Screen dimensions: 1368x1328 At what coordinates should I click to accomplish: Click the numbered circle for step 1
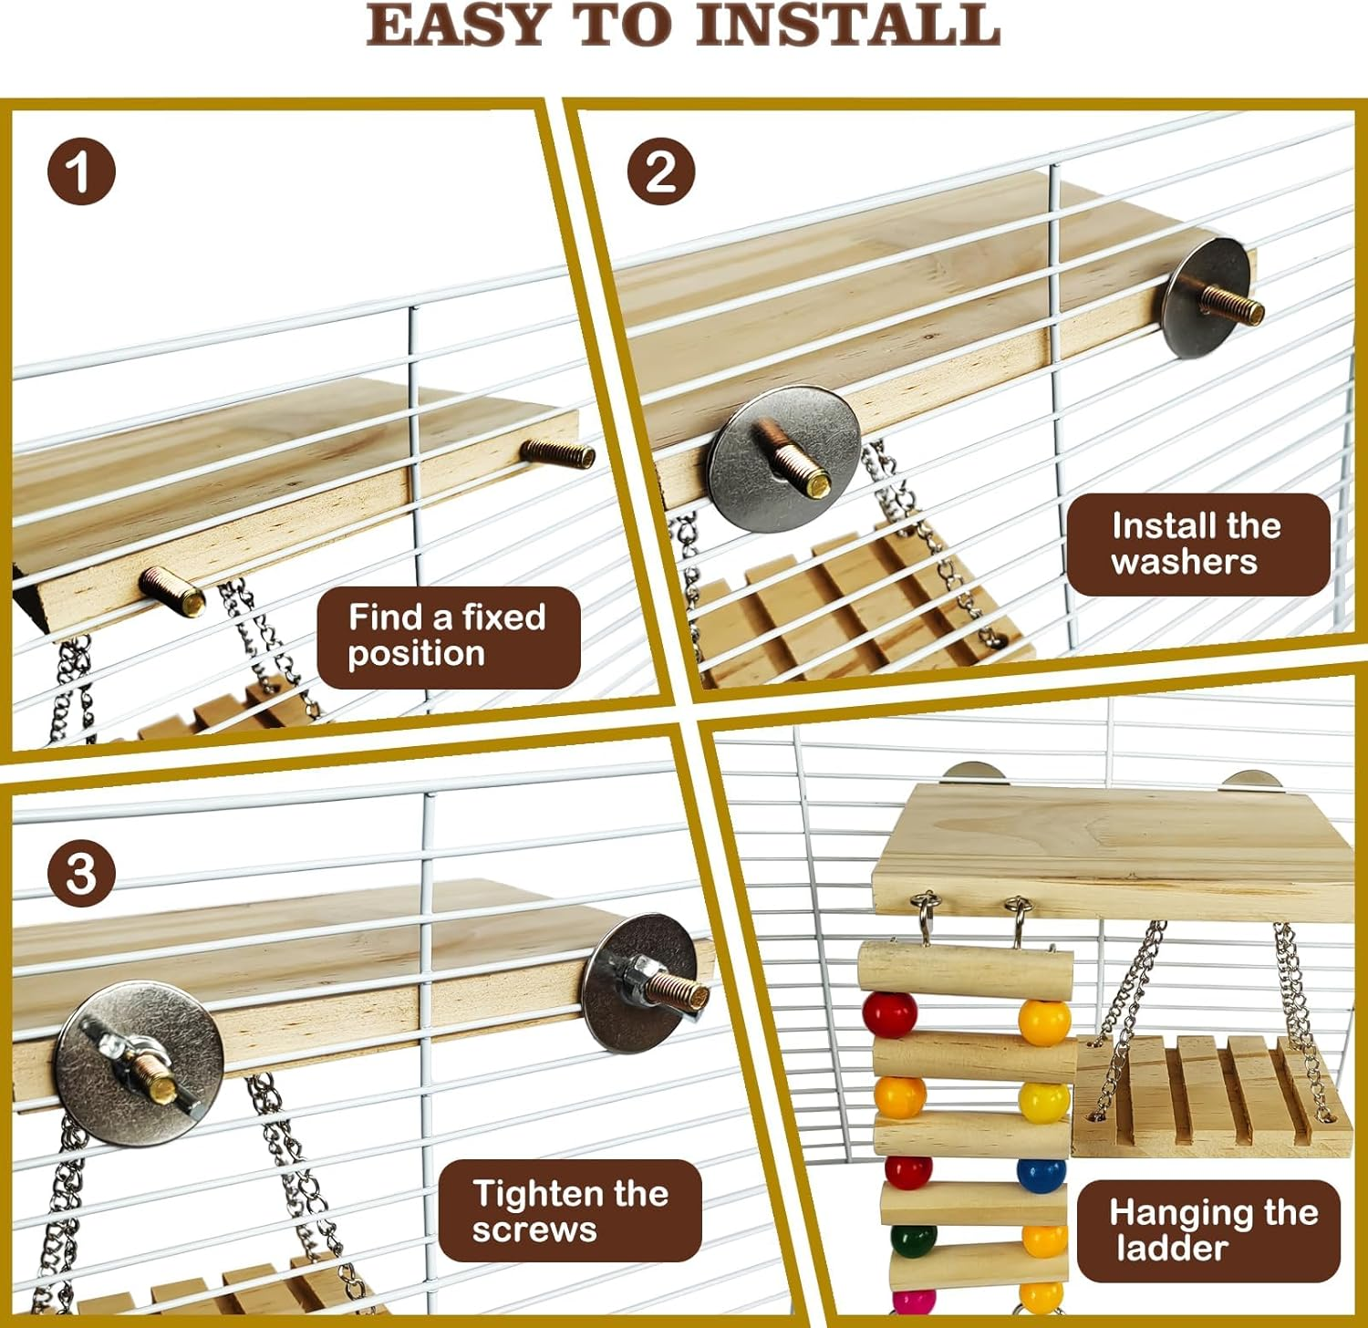point(82,171)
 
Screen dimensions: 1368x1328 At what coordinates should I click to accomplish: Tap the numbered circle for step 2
point(661,171)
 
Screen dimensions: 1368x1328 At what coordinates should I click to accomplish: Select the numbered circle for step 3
point(82,873)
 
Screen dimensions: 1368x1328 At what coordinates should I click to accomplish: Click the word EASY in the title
point(456,25)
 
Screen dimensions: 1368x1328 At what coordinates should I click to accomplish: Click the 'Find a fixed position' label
point(449,637)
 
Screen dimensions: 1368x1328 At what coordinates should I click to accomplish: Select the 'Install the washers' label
point(1198,545)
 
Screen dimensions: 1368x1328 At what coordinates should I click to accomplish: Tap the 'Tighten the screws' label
point(570,1210)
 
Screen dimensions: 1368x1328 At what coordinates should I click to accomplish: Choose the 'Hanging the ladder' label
point(1208,1230)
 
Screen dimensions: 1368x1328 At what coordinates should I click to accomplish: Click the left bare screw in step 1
point(171,591)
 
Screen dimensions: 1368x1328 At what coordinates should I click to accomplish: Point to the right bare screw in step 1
point(558,452)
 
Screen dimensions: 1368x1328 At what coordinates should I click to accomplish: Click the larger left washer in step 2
point(784,459)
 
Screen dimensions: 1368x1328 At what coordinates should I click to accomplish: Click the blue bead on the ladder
point(1042,1175)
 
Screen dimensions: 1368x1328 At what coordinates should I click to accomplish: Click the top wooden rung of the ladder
point(965,973)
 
